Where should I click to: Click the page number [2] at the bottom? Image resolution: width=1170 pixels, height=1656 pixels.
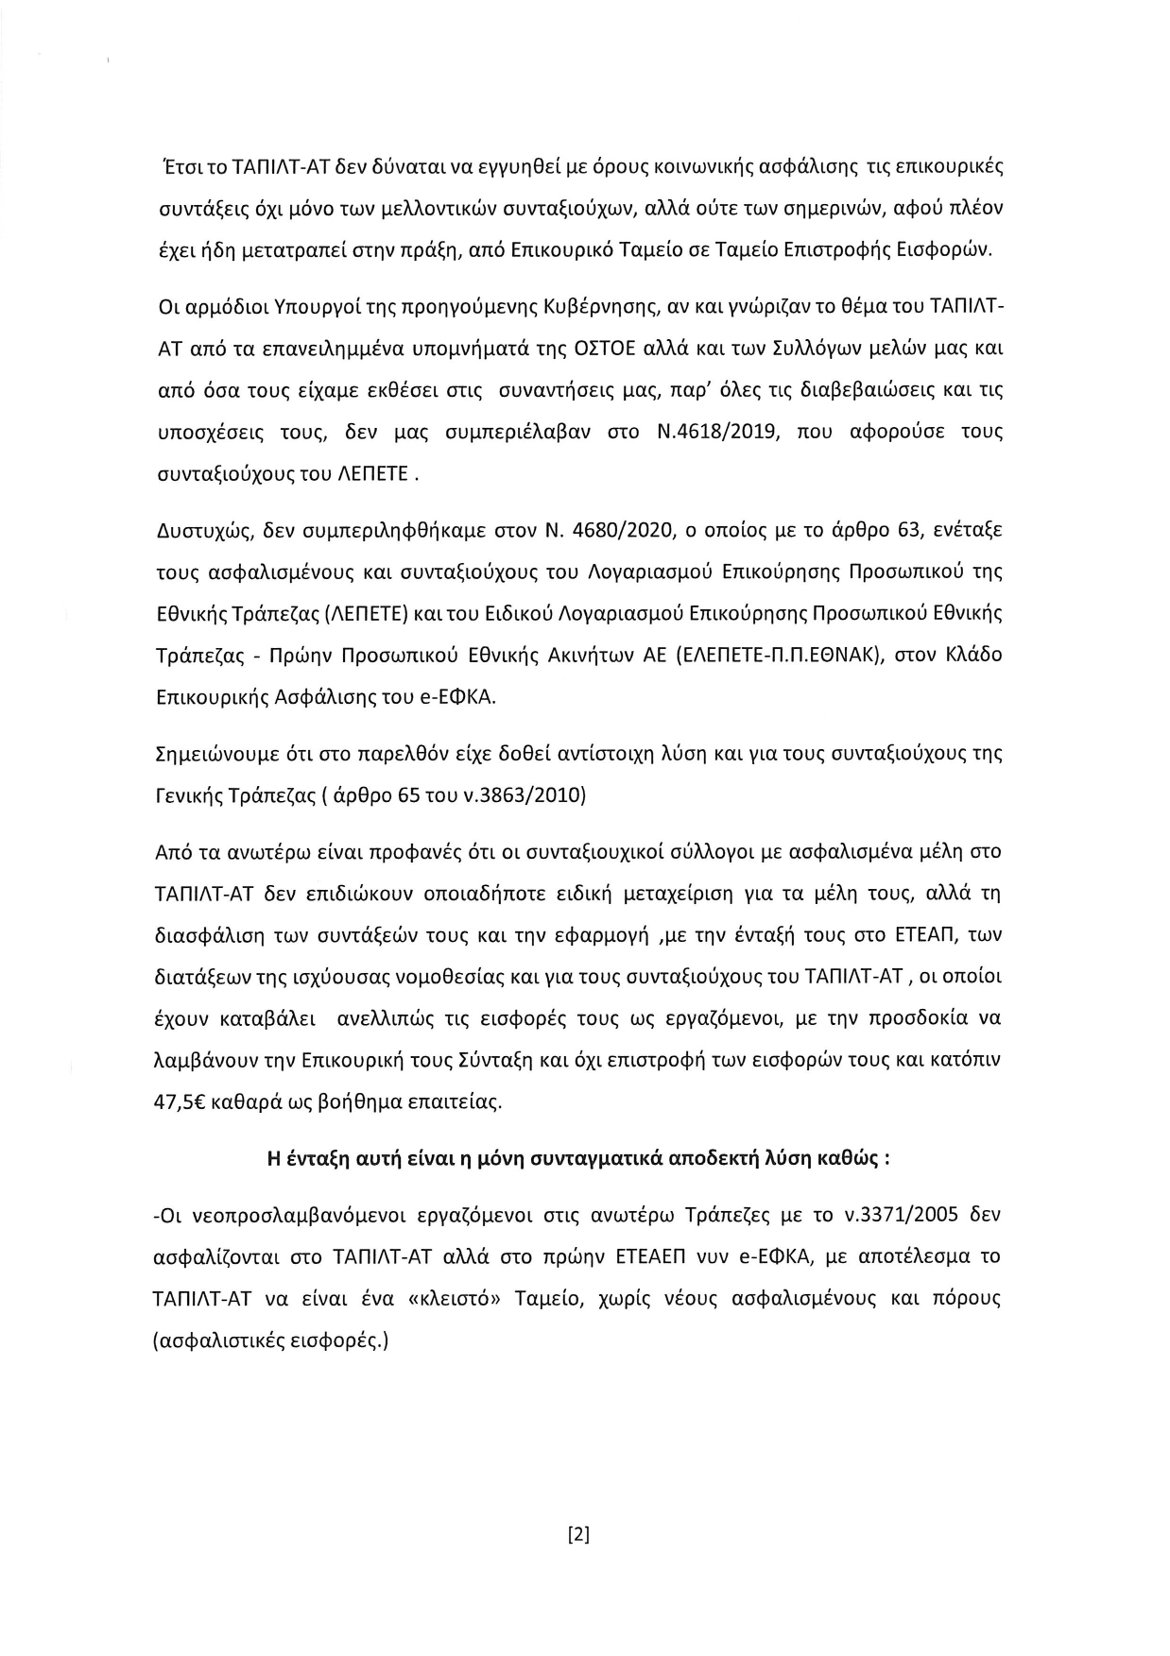tap(577, 1535)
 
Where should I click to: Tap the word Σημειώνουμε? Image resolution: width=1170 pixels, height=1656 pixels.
tap(211, 756)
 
